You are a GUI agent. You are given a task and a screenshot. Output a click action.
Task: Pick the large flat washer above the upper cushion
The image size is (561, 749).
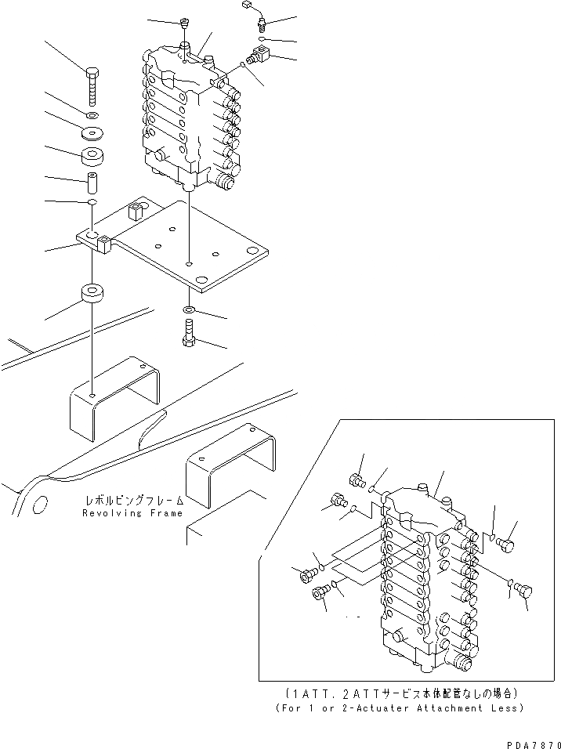pyautogui.click(x=92, y=131)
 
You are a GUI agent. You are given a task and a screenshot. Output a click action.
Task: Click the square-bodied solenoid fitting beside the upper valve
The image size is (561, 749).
pyautogui.click(x=259, y=56)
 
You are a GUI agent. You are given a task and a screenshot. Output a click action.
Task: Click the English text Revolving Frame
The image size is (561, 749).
pyautogui.click(x=132, y=513)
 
